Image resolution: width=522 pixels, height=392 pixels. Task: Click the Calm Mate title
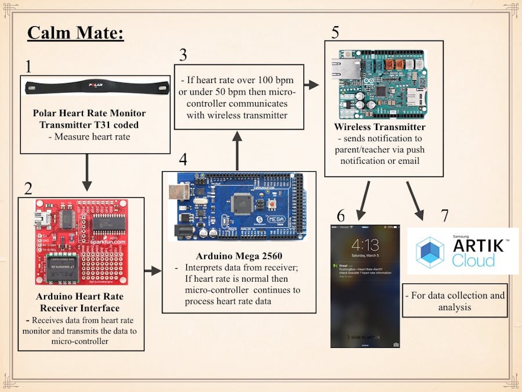click(75, 33)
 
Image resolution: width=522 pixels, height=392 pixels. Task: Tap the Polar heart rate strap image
click(97, 88)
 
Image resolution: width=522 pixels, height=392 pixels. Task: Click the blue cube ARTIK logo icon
click(430, 252)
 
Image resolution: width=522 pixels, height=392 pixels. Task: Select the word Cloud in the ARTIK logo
click(474, 259)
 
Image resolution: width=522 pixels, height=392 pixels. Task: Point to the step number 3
click(183, 55)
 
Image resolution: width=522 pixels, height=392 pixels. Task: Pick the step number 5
click(335, 31)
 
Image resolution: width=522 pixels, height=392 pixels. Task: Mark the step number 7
click(444, 215)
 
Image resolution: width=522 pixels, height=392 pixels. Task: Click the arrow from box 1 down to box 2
click(87, 173)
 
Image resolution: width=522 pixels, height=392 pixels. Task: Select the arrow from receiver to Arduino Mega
click(153, 271)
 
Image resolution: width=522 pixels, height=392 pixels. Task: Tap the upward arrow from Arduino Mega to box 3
click(237, 152)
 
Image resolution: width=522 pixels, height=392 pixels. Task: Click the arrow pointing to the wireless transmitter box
click(311, 85)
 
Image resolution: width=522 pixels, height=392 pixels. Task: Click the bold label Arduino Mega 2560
click(238, 256)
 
